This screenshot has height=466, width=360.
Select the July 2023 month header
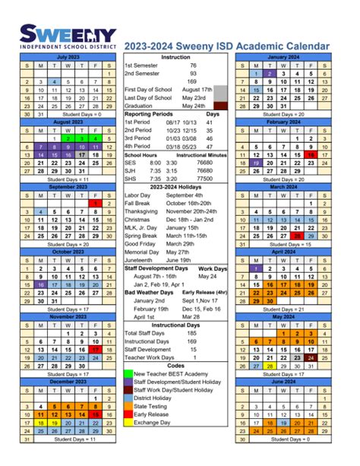click(62, 57)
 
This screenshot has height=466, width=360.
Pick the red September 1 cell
click(96, 203)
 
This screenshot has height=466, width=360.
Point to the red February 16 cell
click(311, 154)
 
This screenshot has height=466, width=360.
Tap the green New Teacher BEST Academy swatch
click(128, 374)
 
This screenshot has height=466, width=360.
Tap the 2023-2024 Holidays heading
click(175, 186)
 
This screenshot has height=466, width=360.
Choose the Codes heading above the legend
click(175, 366)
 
